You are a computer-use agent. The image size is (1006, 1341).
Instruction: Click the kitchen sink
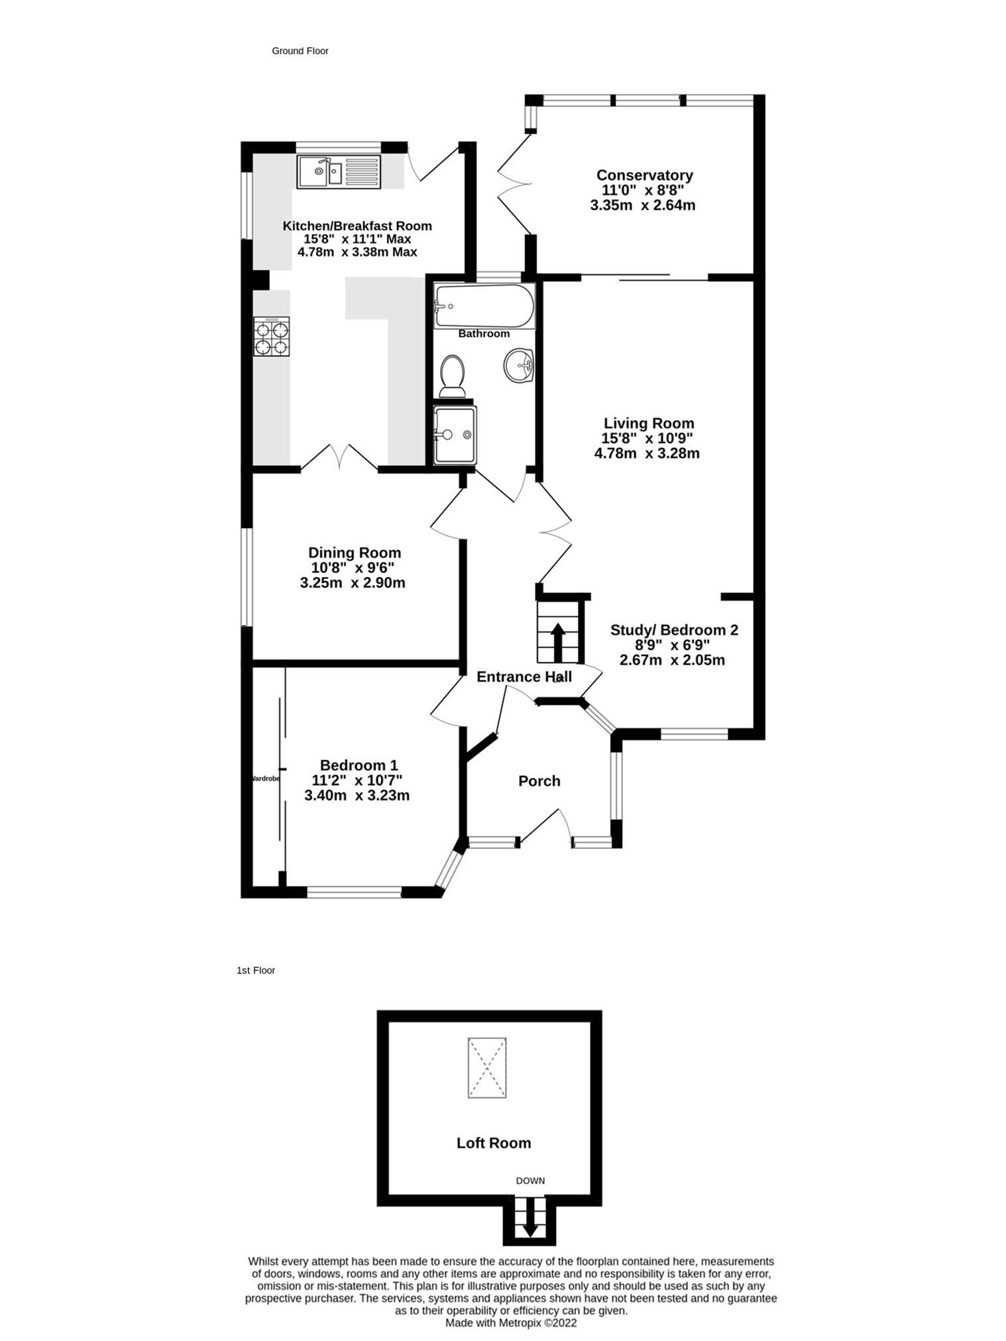(339, 172)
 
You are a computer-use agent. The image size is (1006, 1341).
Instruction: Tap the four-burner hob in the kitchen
(271, 337)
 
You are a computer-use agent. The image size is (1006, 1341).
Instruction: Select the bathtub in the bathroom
(484, 306)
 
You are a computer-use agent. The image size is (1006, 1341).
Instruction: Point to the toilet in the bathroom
(453, 376)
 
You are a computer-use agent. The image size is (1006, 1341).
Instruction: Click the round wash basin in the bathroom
(519, 365)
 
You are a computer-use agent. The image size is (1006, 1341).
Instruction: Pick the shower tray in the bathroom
(454, 435)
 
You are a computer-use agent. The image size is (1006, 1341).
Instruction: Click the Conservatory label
(644, 176)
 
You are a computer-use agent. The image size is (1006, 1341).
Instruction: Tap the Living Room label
(648, 423)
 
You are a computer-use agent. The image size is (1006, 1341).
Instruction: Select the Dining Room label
(355, 553)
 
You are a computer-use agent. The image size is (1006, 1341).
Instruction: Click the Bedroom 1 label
(359, 765)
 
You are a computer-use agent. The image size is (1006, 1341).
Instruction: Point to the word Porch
(539, 781)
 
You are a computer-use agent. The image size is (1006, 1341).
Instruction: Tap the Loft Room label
(494, 1143)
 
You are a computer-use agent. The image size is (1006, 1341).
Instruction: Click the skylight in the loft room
(487, 1068)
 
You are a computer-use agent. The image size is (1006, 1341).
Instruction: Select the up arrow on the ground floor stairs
(558, 641)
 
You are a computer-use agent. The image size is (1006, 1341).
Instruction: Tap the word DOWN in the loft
(530, 1181)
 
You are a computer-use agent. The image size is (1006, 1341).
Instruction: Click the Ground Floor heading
(300, 51)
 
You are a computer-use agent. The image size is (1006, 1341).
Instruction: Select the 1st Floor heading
(256, 970)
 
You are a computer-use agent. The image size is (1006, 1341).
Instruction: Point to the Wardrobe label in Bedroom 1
(266, 778)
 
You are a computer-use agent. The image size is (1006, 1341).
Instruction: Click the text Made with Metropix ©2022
(510, 1322)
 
